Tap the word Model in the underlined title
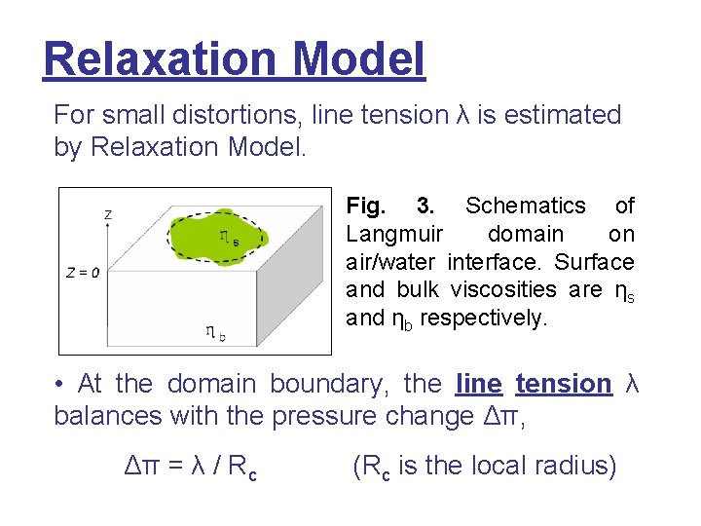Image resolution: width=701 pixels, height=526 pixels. (358, 58)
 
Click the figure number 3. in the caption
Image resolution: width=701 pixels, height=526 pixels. (425, 206)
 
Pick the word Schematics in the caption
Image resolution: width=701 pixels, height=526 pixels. (526, 206)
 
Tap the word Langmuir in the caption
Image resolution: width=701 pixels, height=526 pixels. (394, 234)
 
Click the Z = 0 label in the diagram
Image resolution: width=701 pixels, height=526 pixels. (84, 272)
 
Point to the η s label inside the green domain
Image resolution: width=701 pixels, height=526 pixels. (229, 237)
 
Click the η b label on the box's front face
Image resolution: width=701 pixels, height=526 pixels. (215, 332)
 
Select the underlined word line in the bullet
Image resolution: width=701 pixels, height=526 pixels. (478, 384)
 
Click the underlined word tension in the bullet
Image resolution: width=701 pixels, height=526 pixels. (563, 384)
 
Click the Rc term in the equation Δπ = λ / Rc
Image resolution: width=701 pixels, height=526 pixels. (244, 468)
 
